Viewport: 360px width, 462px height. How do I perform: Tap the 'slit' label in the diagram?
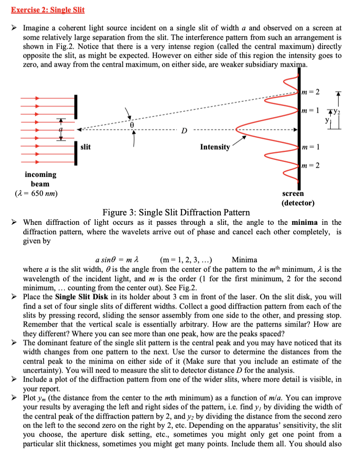(85, 147)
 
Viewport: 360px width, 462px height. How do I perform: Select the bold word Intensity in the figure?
(215, 147)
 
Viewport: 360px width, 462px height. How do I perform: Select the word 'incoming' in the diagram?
(40, 175)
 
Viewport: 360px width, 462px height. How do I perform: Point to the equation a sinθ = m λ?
(122, 259)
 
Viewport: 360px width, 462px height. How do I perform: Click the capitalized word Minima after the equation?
(245, 259)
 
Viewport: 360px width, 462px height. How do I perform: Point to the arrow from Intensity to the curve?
(239, 140)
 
